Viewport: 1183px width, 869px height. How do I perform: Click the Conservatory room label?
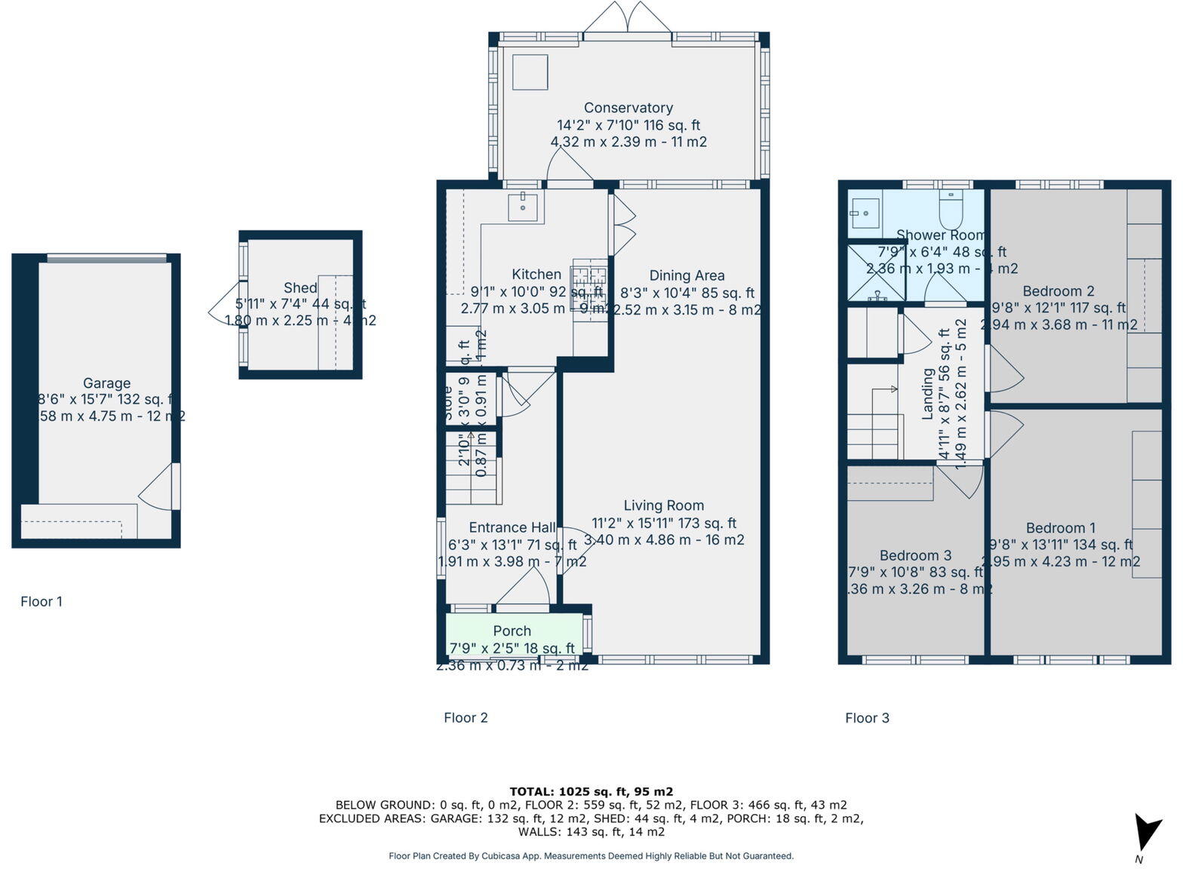[628, 108]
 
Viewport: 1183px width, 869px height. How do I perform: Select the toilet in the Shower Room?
[950, 209]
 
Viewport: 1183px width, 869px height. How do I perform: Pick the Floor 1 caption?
[41, 601]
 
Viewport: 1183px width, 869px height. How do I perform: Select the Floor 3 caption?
[867, 717]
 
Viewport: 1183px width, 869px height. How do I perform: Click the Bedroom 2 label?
[1058, 291]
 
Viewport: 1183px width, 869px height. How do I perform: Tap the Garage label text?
[106, 383]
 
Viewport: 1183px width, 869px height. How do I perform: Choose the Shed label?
[300, 287]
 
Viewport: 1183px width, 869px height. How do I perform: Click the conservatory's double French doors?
[627, 18]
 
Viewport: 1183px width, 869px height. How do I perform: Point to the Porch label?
[512, 631]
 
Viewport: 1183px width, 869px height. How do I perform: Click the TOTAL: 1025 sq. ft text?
[591, 791]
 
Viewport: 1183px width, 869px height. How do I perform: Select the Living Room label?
[663, 505]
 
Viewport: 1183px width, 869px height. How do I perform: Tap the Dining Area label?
[687, 276]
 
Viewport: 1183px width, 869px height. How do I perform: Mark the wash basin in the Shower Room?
[864, 213]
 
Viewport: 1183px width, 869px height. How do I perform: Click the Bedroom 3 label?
[914, 555]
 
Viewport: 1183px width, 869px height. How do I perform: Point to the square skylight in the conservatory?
[530, 72]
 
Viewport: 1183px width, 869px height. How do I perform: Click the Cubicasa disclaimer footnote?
[591, 855]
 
